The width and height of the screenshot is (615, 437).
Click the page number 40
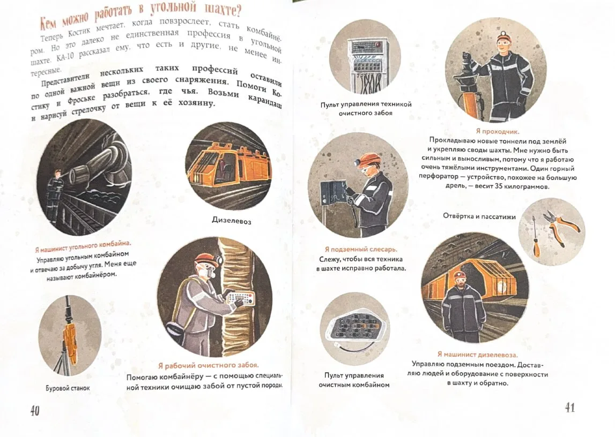coord(35,411)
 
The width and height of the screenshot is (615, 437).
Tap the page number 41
coord(570,408)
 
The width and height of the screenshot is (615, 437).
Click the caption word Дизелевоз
coord(232,221)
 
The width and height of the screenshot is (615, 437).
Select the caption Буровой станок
coord(68,388)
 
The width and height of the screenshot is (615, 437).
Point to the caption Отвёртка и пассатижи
coord(479,216)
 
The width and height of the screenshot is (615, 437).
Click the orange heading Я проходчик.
coord(498,132)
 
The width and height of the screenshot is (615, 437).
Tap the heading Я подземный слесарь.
coord(361,249)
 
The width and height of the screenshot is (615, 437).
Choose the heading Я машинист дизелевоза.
coord(477,355)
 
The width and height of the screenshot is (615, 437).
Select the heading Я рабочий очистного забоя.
coord(208,365)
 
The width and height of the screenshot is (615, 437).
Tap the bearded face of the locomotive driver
coord(460,281)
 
